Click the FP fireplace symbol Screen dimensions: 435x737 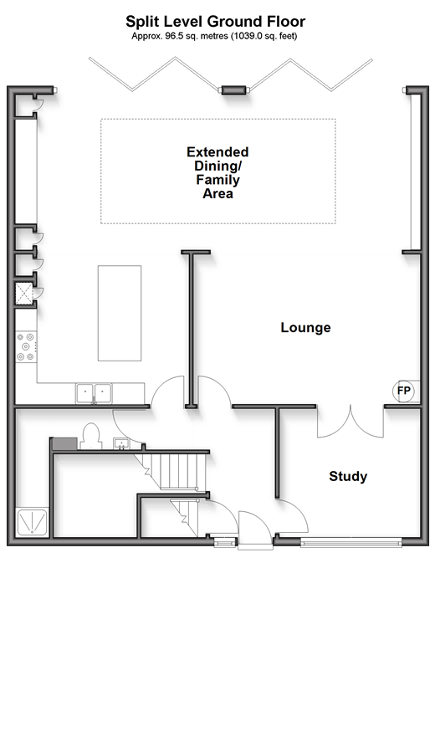click(403, 391)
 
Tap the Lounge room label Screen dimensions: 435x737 click(305, 328)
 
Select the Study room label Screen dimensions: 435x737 click(348, 476)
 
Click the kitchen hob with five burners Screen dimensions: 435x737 click(26, 347)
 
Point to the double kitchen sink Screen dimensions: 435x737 click(94, 394)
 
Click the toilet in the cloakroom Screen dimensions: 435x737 click(90, 436)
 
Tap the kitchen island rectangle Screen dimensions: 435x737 click(120, 313)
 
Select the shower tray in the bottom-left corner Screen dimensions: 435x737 click(32, 522)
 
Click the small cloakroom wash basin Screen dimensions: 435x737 click(122, 443)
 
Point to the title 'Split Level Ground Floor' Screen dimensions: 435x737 click(215, 22)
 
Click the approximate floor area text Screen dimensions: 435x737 click(214, 36)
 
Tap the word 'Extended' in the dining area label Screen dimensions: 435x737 click(217, 151)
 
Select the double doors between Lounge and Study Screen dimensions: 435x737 click(351, 421)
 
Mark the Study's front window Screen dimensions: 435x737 click(351, 543)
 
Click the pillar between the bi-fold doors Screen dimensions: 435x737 click(234, 90)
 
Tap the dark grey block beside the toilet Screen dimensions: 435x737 click(64, 443)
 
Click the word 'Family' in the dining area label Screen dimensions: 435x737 click(217, 180)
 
